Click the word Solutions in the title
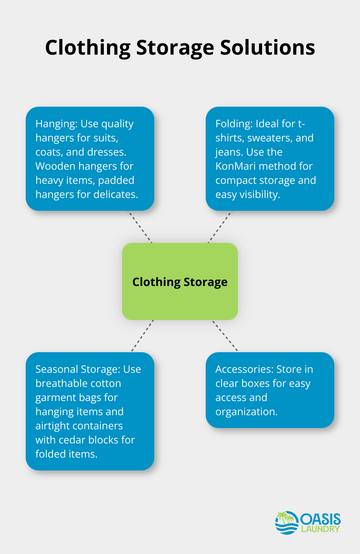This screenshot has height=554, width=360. (267, 48)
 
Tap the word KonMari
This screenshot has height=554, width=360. (236, 166)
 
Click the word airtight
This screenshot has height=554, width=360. (52, 426)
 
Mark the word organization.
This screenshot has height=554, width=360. (247, 412)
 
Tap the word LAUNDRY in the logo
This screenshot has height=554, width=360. (320, 529)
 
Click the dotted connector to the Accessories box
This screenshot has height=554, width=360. (225, 335)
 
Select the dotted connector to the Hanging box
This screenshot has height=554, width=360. (140, 227)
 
